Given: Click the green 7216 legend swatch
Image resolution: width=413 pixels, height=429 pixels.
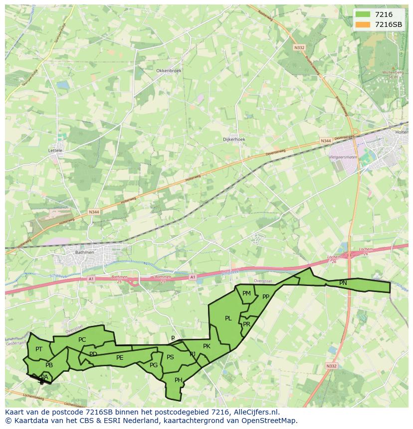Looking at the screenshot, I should click(x=363, y=14).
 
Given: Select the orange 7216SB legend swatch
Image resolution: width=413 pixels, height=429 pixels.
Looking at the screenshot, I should click(x=363, y=24).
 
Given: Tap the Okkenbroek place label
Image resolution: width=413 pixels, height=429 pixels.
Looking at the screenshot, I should click(x=169, y=71).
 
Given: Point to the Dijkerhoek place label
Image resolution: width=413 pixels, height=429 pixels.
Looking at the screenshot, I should click(x=234, y=140).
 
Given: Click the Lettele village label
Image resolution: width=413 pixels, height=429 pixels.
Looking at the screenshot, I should click(x=55, y=150).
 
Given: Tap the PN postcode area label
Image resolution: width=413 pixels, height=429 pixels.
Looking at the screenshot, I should click(x=343, y=283).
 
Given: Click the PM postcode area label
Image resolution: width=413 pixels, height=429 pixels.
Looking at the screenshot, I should click(x=246, y=293).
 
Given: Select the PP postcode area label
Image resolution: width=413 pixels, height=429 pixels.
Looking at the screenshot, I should click(x=266, y=297).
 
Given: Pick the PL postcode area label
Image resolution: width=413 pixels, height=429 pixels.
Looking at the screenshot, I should click(x=228, y=318).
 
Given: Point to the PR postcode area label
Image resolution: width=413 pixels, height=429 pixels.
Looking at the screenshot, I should click(x=246, y=324).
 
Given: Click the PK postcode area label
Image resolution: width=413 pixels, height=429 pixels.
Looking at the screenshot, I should click(x=206, y=346).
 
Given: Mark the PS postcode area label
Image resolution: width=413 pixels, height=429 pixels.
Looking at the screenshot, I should click(x=170, y=357).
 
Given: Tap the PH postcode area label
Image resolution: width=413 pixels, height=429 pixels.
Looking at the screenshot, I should click(x=179, y=380).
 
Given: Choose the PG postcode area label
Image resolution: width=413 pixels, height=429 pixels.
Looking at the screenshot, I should click(x=154, y=365).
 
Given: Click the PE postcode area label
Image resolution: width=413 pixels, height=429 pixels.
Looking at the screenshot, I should click(x=120, y=358).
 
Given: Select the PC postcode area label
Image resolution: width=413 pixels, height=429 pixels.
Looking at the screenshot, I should click(x=82, y=340).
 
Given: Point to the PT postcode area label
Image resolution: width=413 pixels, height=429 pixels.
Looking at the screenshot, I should click(x=39, y=349).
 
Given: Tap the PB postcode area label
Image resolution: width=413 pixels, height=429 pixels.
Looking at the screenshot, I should click(x=49, y=365).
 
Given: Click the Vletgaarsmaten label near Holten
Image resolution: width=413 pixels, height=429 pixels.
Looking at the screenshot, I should click(x=344, y=157).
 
